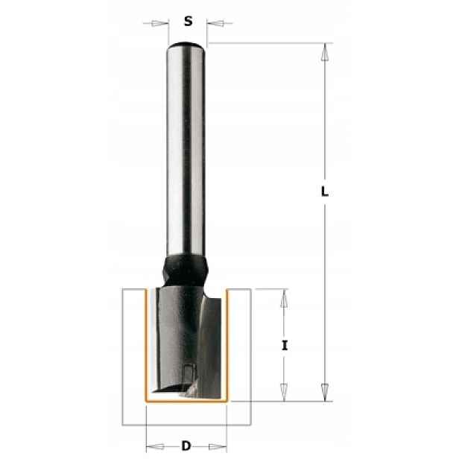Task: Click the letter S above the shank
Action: click(188, 21)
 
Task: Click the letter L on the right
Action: click(325, 192)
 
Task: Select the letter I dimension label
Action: click(285, 346)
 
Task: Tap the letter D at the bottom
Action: click(186, 446)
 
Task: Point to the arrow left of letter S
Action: click(156, 23)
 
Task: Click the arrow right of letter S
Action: click(220, 23)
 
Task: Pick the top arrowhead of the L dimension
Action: click(324, 52)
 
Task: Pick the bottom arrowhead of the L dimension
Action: click(325, 392)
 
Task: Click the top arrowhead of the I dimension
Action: click(283, 298)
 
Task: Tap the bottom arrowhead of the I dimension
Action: click(284, 392)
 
